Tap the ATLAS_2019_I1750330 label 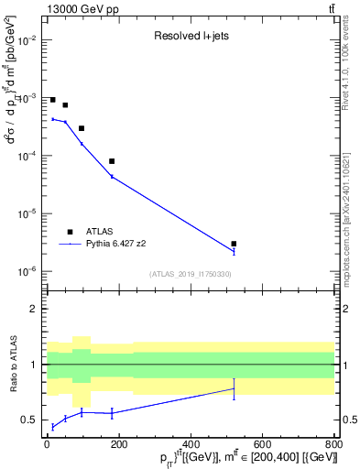[x=191, y=274]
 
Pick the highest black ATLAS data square [x=53, y=100]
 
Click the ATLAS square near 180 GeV [x=112, y=161]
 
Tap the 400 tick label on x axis [x=191, y=445]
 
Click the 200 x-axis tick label [x=119, y=445]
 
